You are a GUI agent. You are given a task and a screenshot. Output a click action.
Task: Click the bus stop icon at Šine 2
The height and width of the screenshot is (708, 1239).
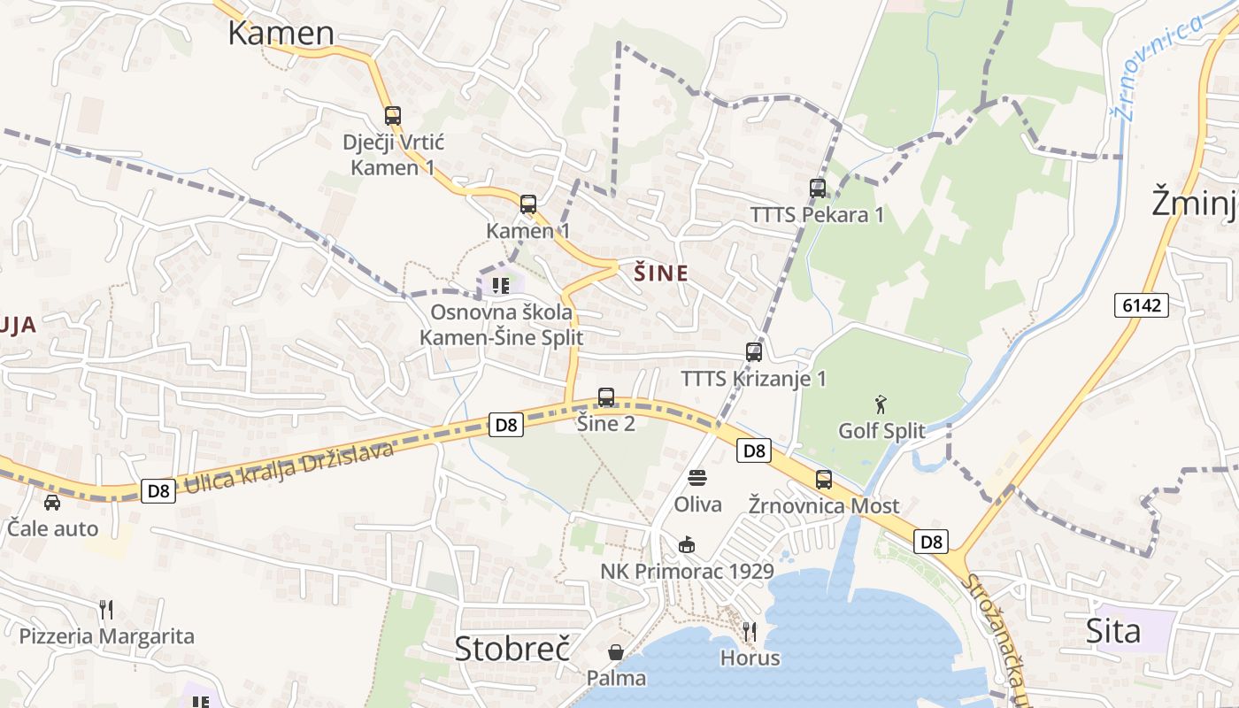click(606, 397)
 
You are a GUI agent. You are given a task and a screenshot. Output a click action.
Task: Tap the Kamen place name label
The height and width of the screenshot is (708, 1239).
click(281, 33)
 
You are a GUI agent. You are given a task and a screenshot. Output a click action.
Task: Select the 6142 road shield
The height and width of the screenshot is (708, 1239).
click(1142, 305)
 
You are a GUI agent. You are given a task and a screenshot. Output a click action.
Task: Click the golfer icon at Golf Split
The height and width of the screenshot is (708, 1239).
click(881, 405)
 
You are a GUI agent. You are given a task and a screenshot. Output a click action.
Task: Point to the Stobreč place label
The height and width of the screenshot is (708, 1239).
click(512, 648)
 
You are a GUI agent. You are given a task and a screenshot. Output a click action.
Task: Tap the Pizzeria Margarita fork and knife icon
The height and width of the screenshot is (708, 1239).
click(106, 609)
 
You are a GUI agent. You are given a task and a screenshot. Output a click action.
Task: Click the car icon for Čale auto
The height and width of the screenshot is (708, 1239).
click(52, 502)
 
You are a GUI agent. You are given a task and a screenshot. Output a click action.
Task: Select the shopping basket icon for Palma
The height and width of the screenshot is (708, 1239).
click(616, 652)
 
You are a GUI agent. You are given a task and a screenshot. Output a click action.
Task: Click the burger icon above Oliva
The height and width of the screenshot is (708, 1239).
click(697, 478)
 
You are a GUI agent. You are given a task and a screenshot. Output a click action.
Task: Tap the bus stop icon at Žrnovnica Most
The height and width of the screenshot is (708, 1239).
click(824, 480)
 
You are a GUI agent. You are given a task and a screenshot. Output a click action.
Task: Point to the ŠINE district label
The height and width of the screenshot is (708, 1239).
click(661, 273)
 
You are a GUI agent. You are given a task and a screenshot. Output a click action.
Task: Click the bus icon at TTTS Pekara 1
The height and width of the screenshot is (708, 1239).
click(818, 188)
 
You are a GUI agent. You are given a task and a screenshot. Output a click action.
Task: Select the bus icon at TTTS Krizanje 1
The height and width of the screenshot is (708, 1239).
click(754, 351)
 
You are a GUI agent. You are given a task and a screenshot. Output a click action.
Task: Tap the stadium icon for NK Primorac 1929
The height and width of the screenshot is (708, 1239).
click(686, 544)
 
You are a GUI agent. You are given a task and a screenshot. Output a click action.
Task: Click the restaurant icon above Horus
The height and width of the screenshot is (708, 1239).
click(750, 631)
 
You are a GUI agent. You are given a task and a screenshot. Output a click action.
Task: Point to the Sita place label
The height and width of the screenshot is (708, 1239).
click(1113, 631)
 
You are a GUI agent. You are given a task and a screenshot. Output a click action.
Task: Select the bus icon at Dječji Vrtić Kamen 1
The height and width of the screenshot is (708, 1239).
click(393, 115)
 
